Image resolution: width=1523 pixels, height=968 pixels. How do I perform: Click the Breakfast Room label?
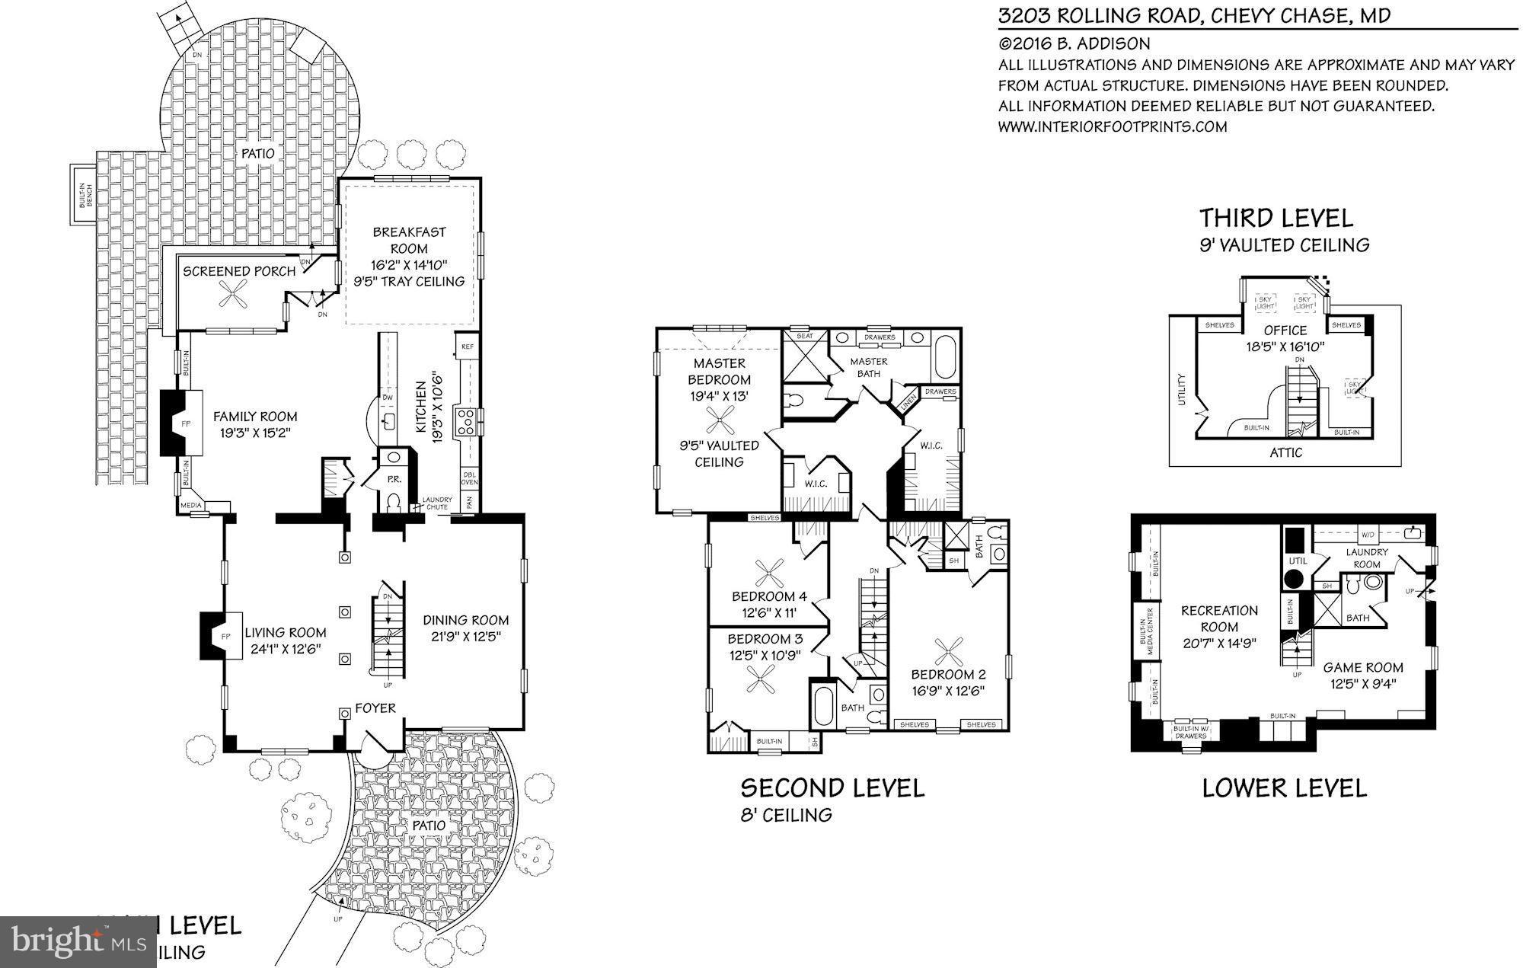pyautogui.click(x=409, y=240)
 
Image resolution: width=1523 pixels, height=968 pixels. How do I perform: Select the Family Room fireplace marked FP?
pyautogui.click(x=182, y=423)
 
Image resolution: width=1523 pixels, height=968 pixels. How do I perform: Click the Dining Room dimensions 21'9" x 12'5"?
pyautogui.click(x=465, y=637)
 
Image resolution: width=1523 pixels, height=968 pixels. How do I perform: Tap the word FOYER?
pyautogui.click(x=375, y=708)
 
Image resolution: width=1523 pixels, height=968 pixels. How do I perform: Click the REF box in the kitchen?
pyautogui.click(x=467, y=347)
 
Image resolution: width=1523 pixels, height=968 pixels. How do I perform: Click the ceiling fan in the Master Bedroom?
pyautogui.click(x=719, y=417)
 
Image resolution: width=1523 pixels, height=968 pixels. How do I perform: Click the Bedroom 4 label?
pyautogui.click(x=769, y=596)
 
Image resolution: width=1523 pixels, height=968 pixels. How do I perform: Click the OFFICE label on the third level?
pyautogui.click(x=1285, y=331)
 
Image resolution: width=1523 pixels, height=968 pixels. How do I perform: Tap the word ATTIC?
pyautogui.click(x=1285, y=452)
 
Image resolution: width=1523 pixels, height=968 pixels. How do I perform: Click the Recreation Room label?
pyautogui.click(x=1219, y=618)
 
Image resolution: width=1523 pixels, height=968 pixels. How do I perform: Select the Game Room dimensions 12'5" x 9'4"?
pyautogui.click(x=1362, y=684)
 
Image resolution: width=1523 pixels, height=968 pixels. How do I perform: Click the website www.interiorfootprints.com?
pyautogui.click(x=1112, y=127)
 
